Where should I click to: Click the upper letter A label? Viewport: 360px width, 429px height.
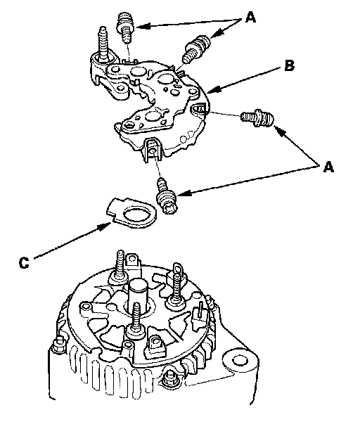click(250, 18)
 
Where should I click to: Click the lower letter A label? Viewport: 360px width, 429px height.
click(328, 167)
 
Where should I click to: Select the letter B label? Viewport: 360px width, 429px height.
click(289, 65)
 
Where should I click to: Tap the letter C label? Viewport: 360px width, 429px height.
click(24, 262)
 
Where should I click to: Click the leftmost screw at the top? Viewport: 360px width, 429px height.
click(125, 27)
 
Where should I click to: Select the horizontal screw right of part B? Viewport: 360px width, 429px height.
click(257, 118)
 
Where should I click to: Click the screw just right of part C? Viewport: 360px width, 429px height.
click(165, 195)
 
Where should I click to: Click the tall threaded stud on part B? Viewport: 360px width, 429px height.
click(103, 45)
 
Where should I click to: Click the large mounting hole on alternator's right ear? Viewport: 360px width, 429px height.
click(237, 360)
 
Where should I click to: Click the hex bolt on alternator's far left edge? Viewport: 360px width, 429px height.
click(59, 344)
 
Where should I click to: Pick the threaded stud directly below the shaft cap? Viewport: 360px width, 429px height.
click(136, 320)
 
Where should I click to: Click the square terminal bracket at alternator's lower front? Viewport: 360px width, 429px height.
click(155, 347)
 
